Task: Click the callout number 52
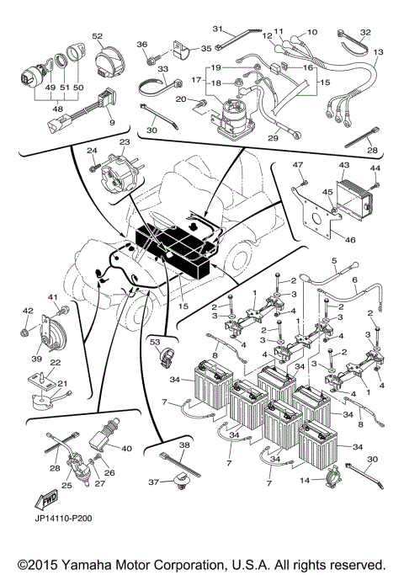[98, 36]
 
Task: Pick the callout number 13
[378, 52]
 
